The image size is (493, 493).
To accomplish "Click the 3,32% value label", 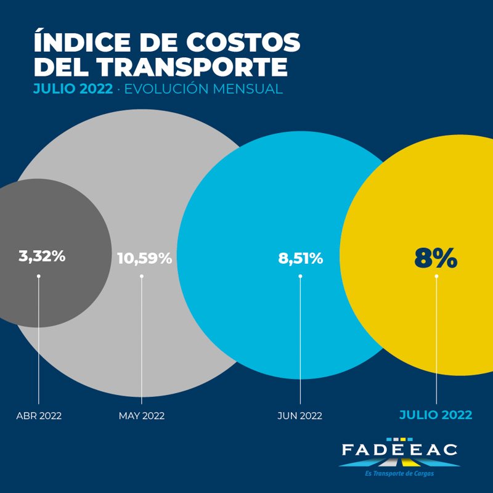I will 42,256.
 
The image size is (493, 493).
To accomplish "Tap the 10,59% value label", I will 144,258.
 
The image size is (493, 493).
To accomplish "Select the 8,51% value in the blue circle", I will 301,258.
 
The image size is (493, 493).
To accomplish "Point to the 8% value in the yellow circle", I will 436,259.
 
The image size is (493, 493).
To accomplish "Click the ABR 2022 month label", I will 39,416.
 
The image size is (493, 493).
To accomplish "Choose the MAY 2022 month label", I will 142,416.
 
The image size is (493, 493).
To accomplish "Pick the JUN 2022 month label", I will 300,416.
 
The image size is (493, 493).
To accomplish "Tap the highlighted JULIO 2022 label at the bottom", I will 436,415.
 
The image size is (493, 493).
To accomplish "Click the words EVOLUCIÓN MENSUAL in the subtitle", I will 203,89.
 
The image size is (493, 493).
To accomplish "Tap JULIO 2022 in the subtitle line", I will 73,89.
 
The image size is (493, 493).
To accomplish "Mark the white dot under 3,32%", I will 39,276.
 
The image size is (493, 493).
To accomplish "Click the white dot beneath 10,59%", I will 142,276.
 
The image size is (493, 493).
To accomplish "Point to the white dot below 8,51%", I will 300,276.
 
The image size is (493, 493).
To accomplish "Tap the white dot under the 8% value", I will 436,276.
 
